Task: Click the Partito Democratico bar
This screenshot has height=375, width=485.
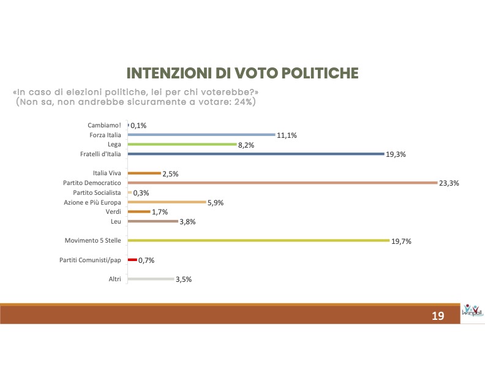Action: click(281, 183)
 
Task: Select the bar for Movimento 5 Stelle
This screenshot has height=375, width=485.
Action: click(258, 241)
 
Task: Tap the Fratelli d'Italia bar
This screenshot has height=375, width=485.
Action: click(255, 154)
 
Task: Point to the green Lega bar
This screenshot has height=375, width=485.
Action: click(182, 144)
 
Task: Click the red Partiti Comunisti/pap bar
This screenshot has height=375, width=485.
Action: click(132, 260)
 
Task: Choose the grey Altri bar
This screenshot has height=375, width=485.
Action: click(150, 279)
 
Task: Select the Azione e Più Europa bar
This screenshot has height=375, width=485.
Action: click(166, 202)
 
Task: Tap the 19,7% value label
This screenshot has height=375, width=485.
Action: click(401, 241)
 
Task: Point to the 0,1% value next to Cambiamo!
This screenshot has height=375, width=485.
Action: click(138, 125)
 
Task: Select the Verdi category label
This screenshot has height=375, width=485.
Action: click(113, 211)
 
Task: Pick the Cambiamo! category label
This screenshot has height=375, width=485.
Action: click(105, 124)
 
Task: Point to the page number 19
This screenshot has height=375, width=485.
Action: click(437, 316)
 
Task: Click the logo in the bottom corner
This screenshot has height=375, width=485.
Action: click(472, 311)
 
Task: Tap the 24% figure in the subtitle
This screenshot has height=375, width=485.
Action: click(241, 102)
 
